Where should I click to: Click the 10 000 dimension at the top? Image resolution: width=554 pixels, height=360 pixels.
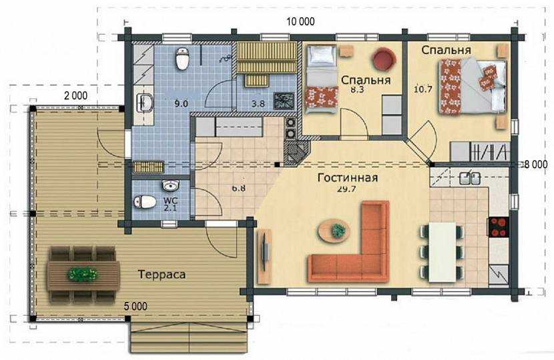(x=300, y=22)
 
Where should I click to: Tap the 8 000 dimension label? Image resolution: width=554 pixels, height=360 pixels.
(x=535, y=164)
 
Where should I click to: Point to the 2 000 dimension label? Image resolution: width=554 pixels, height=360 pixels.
(x=75, y=96)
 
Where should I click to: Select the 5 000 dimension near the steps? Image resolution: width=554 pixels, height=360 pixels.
(x=135, y=307)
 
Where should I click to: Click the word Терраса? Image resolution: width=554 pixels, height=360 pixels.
(x=162, y=275)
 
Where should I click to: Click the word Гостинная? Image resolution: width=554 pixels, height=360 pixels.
(x=348, y=178)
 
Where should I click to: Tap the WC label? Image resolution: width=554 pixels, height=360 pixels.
(x=171, y=200)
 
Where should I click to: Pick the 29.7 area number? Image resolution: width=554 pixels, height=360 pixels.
(x=346, y=189)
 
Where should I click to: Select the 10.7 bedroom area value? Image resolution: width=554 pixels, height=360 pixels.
(x=423, y=89)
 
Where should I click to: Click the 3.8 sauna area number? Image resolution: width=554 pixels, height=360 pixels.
(x=258, y=104)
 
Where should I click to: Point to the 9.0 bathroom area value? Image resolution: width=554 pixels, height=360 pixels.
(x=181, y=104)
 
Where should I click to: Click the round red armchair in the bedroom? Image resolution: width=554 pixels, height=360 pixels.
(x=383, y=59)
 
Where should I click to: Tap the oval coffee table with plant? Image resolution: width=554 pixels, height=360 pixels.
(x=334, y=231)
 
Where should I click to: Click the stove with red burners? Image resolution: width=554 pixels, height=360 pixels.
(x=499, y=226)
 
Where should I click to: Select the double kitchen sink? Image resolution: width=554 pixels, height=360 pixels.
(x=470, y=178)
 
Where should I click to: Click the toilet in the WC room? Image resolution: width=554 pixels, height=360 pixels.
(x=145, y=202)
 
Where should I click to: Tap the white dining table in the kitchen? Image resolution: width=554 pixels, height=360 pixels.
(x=442, y=252)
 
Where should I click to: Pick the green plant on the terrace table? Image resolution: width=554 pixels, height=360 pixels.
(x=83, y=275)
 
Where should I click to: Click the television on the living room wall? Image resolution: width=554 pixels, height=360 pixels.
(x=264, y=251)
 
